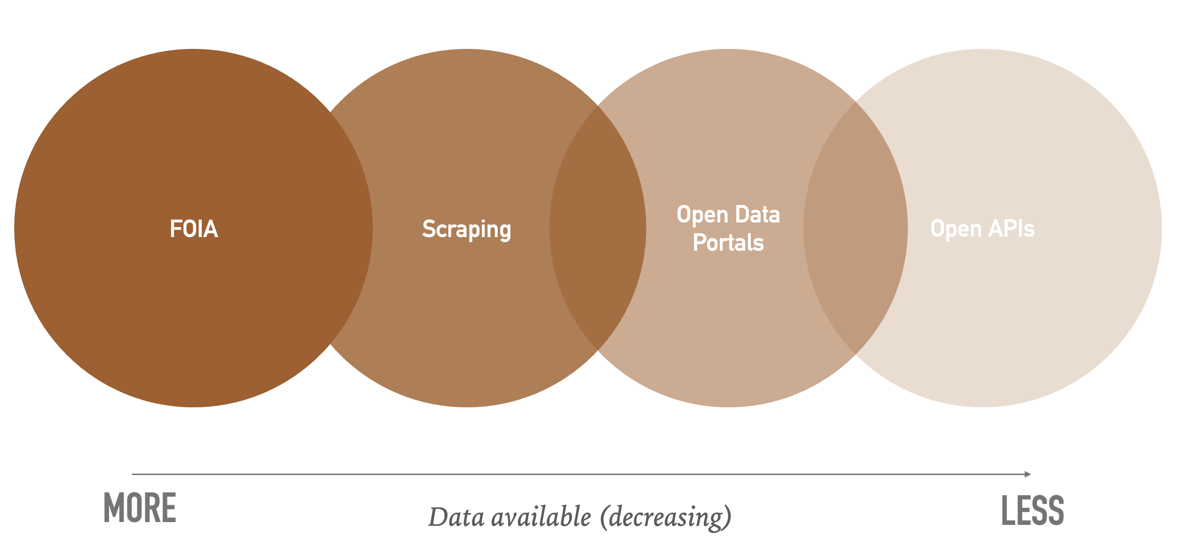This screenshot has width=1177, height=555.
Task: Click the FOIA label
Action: coord(194,229)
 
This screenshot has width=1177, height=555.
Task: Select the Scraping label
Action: coord(467,230)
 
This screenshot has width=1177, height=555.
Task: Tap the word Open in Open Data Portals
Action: coord(703,215)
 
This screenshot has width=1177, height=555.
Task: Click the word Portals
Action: coord(728,243)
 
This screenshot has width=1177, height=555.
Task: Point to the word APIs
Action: coord(1011,229)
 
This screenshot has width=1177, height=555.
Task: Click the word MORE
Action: coord(140,508)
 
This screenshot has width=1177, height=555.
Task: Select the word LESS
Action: coord(1033,510)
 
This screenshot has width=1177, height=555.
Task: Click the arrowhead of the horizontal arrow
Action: coord(1028,474)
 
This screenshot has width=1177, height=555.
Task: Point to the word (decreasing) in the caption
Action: coord(666,517)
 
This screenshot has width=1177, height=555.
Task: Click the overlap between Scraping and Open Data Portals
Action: coord(597,228)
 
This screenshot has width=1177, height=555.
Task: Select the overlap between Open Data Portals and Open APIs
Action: coord(856,228)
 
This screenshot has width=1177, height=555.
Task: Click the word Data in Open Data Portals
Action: coord(757,215)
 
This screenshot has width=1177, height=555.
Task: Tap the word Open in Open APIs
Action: coord(956,230)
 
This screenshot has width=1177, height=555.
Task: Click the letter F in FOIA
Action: coord(175,229)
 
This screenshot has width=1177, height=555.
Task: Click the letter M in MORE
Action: coord(113,508)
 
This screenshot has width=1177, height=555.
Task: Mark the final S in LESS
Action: coord(1056,510)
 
